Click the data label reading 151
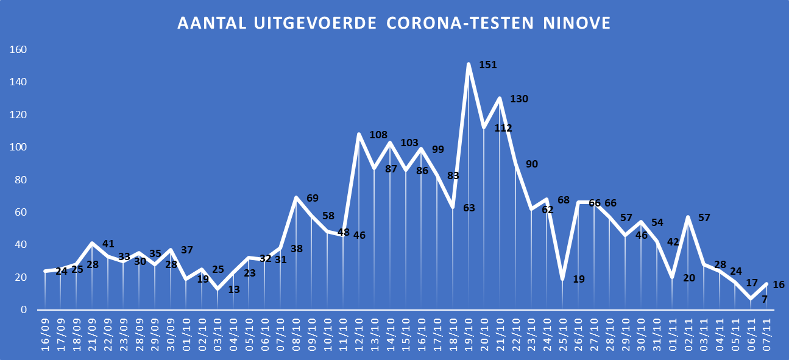(488, 64)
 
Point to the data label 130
(518, 99)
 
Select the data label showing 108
(378, 135)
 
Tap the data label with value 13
(234, 289)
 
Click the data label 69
(313, 198)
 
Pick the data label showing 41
(108, 244)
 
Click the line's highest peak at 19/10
(469, 64)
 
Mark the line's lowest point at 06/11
(751, 298)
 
